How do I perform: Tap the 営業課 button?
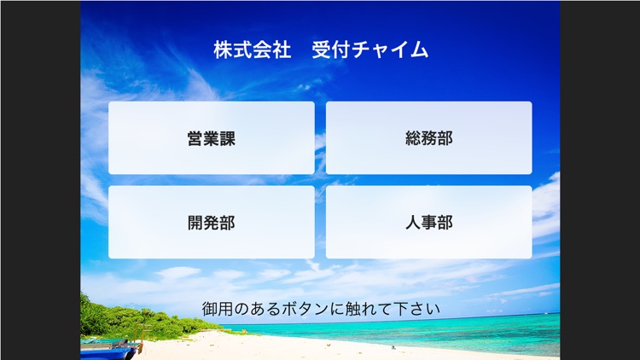(211, 138)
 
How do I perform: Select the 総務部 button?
(428, 138)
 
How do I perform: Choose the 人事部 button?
(428, 223)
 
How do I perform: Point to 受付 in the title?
(329, 49)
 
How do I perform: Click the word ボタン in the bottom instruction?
(315, 308)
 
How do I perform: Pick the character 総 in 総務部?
(413, 138)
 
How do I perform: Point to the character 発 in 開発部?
(211, 223)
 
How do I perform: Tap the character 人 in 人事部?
(413, 223)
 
